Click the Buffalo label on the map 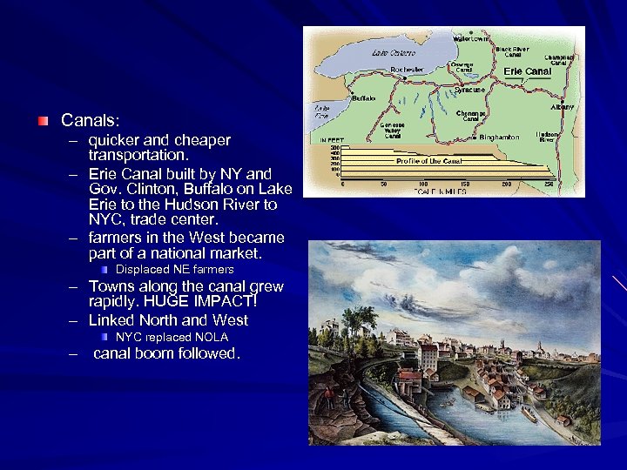point(362,98)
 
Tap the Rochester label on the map point(407,70)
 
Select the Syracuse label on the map point(469,90)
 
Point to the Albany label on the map point(563,106)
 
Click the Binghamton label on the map point(500,137)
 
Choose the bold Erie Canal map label point(528,71)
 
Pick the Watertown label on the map point(473,39)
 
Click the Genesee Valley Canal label point(393,130)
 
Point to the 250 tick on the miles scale point(547,184)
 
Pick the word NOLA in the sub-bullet point(212,337)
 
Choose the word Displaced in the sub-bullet point(142,270)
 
